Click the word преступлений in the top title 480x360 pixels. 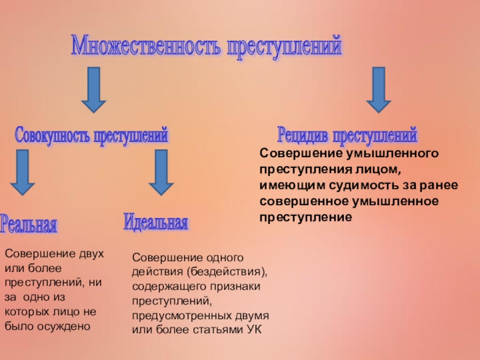283,46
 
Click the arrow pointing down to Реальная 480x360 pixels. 23,172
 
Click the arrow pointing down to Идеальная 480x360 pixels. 160,172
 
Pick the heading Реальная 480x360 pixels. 29,224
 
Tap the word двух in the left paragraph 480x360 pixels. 92,254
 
